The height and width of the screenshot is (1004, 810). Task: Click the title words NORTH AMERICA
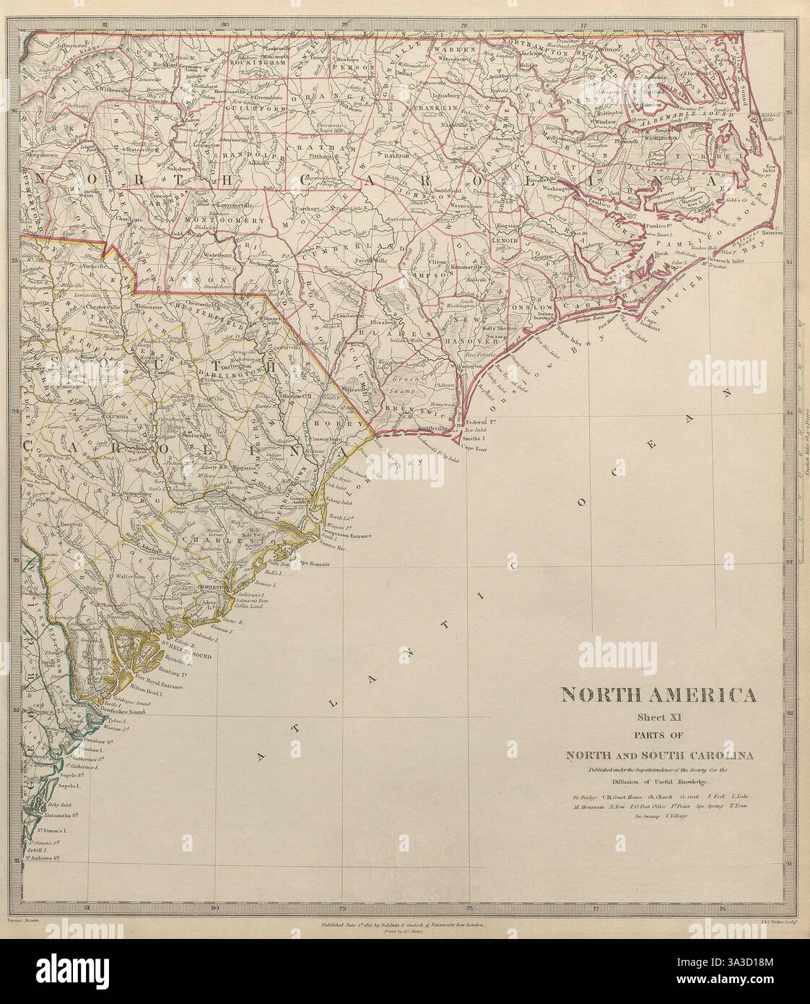658,696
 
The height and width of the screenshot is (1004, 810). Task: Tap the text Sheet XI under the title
658,717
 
